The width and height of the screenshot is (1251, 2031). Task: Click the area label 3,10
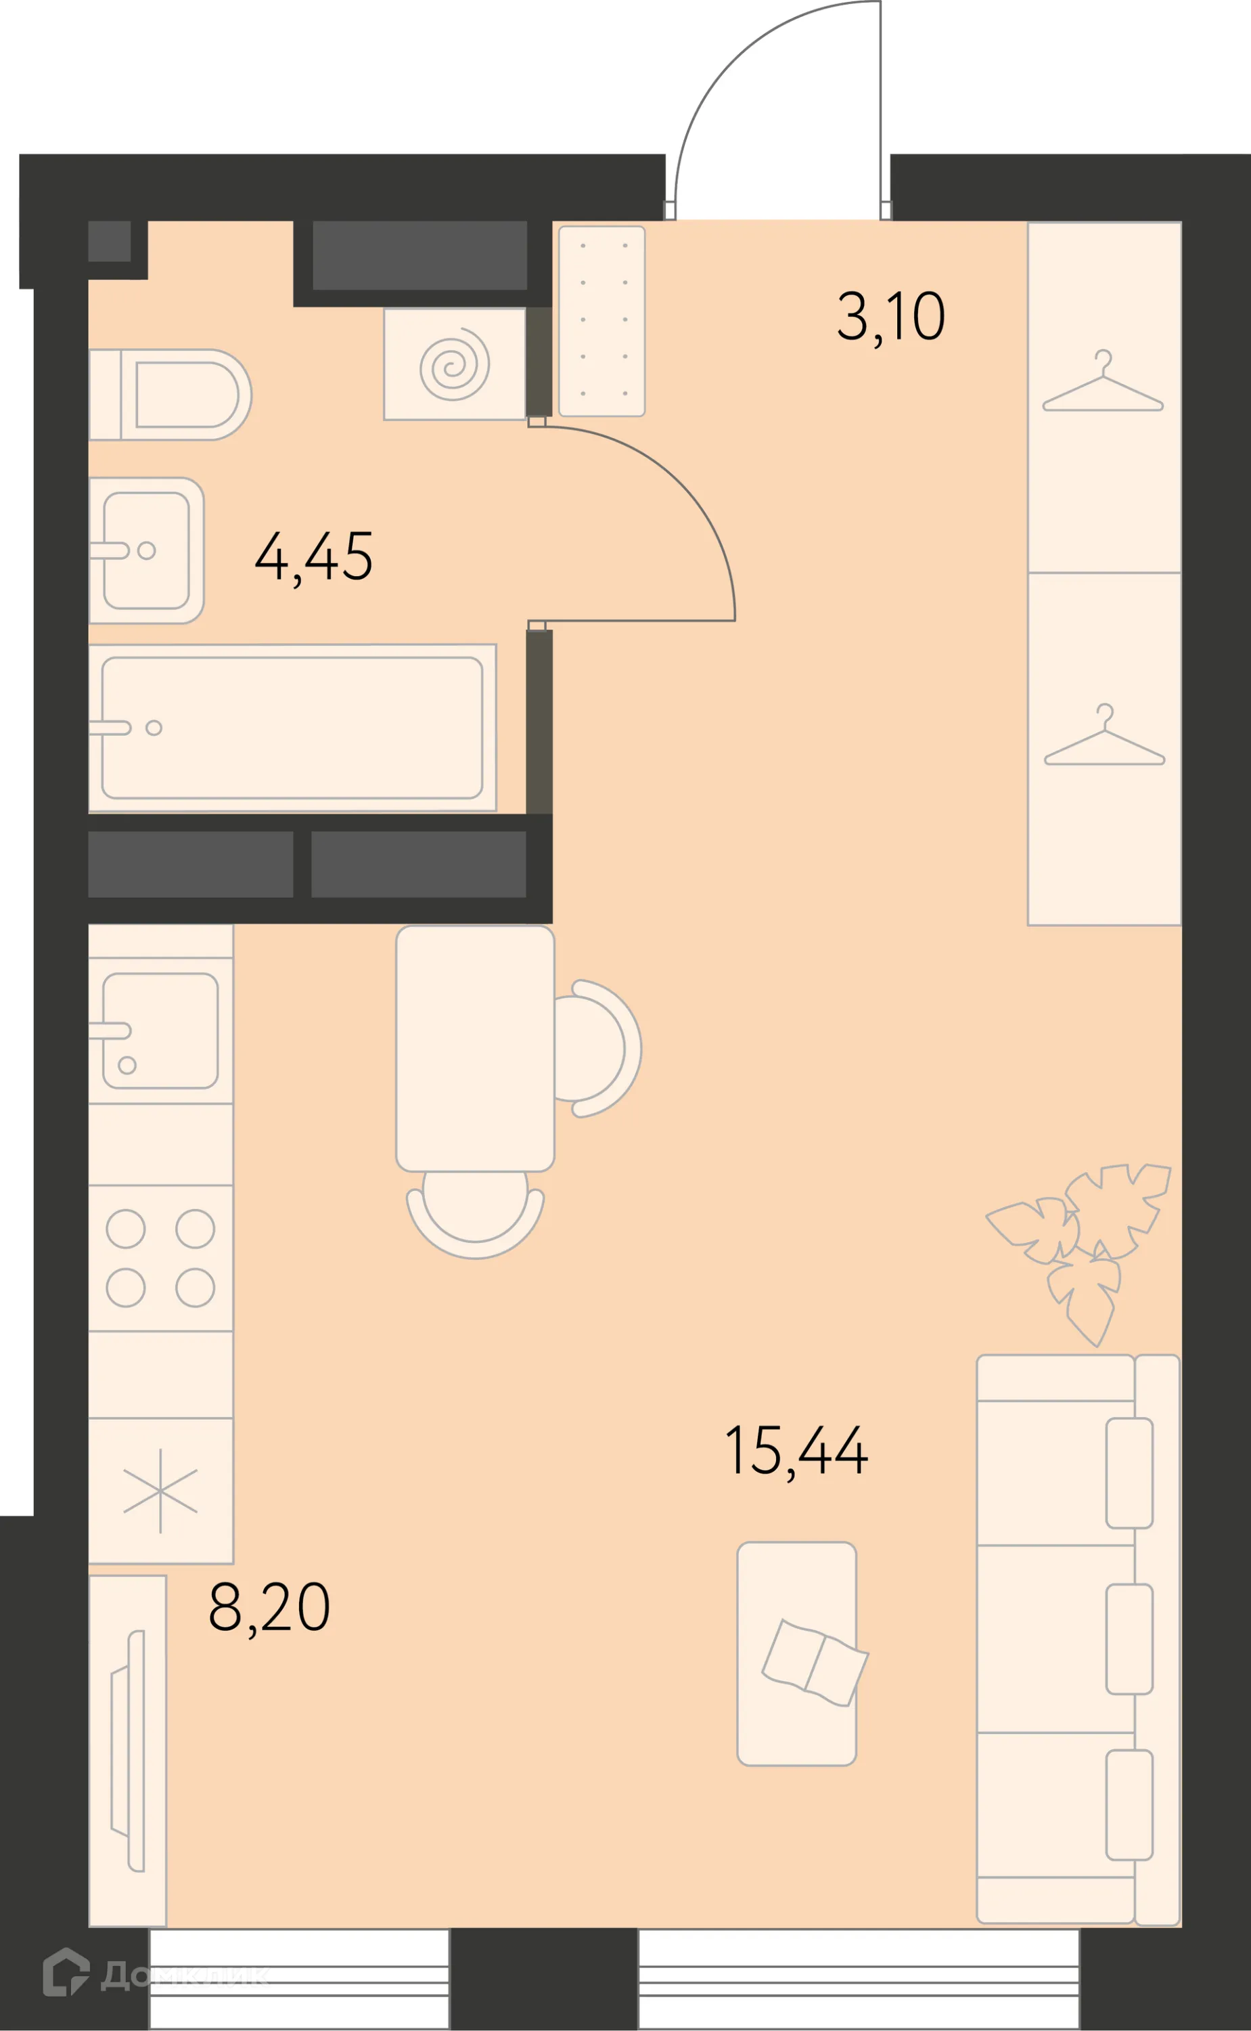click(890, 317)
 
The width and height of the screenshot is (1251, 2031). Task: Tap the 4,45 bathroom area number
click(313, 557)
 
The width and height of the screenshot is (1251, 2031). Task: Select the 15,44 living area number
click(796, 1451)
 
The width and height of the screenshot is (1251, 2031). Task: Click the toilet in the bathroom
click(170, 395)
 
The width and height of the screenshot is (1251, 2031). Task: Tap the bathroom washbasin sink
click(146, 550)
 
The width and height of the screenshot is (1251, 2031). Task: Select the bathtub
click(292, 728)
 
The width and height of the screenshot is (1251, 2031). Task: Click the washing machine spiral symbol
click(454, 365)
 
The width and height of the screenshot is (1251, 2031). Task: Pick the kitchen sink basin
click(160, 1030)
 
